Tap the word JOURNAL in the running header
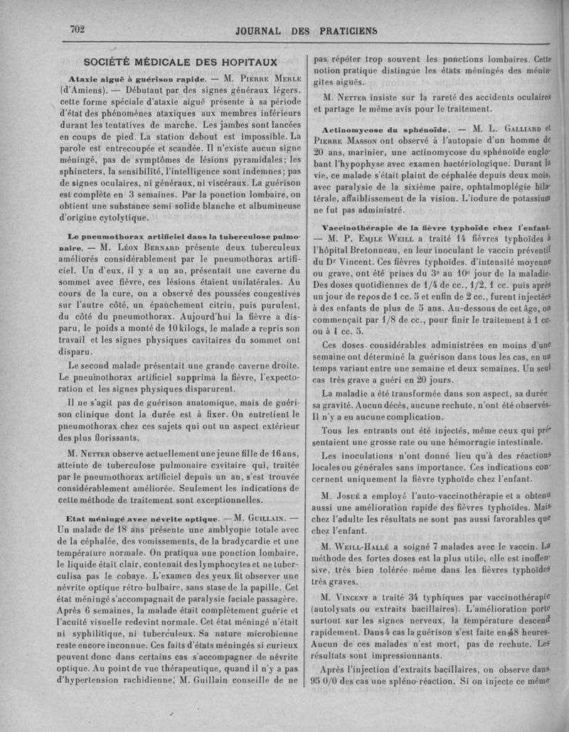pyautogui.click(x=265, y=31)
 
